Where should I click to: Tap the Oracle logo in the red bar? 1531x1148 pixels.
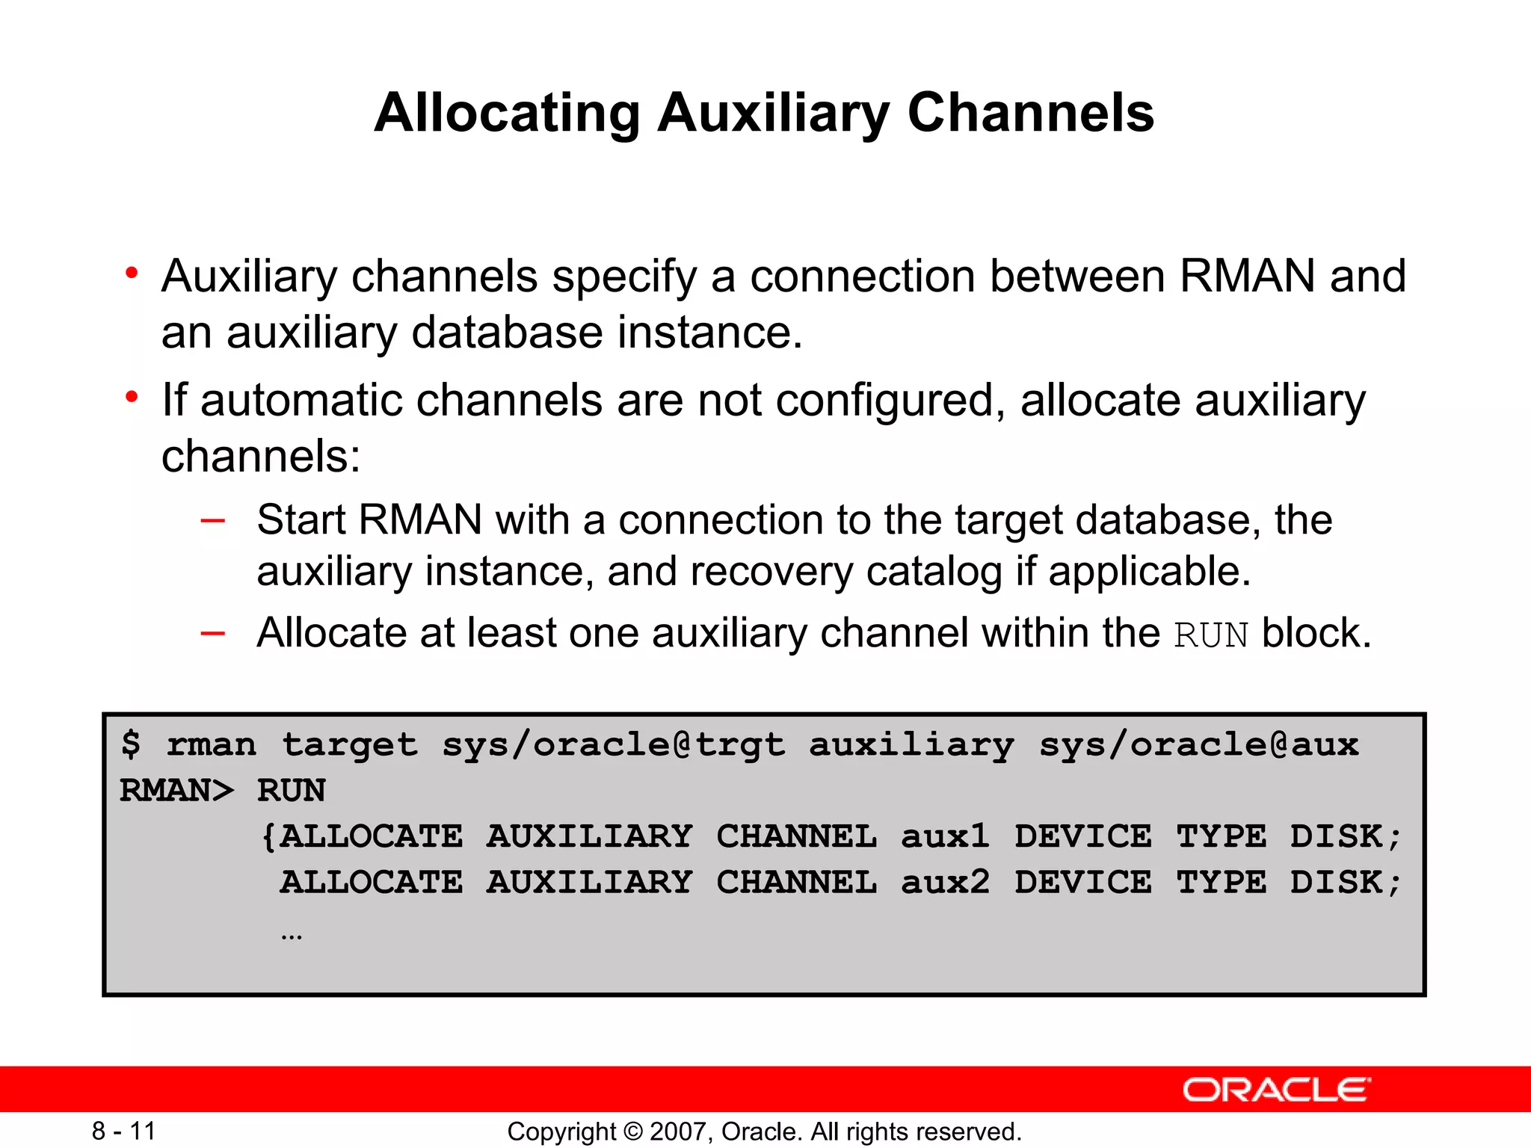1276,1090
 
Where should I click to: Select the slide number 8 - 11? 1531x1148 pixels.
123,1131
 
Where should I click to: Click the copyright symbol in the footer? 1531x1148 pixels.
632,1132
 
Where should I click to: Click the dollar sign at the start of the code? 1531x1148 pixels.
131,744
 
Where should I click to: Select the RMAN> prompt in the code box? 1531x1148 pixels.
176,791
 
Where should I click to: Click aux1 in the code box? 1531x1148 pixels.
945,836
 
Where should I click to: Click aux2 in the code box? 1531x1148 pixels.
945,883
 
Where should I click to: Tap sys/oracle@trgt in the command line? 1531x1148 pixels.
613,744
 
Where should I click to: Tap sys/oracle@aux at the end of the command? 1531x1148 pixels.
1198,744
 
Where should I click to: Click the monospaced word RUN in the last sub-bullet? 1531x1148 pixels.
1210,635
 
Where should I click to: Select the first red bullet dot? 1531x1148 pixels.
132,273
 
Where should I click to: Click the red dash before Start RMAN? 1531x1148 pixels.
213,520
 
